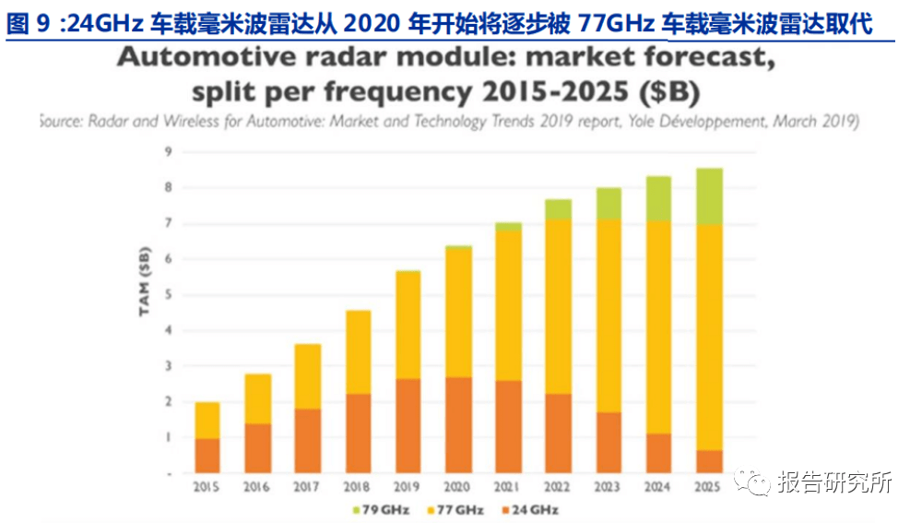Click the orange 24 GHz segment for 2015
click(207, 456)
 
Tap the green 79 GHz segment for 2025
click(709, 196)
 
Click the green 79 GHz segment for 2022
click(559, 209)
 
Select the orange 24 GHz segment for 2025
click(709, 461)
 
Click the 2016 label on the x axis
click(258, 486)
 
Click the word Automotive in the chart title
click(197, 61)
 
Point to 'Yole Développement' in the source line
click(702, 121)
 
